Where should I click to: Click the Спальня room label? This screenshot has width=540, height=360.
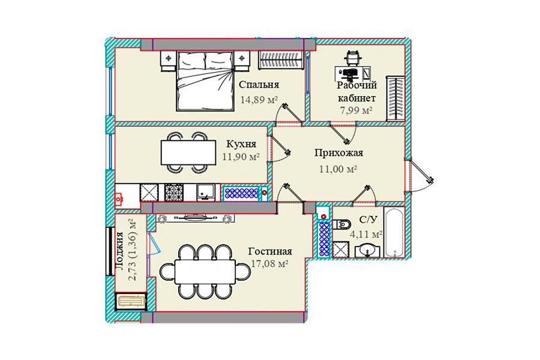point(259,85)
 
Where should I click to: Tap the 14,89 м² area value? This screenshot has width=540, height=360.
point(259,100)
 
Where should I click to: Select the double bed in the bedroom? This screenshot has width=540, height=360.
point(205,81)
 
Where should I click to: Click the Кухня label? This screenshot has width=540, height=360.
point(241,143)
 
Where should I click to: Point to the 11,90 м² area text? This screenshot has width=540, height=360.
point(241,157)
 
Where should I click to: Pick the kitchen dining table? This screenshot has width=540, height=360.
point(188,152)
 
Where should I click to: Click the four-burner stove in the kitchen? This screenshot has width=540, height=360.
point(173,193)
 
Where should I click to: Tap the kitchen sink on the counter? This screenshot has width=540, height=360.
point(206,192)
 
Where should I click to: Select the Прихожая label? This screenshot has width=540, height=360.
point(338,153)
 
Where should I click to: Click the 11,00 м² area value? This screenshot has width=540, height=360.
point(338,169)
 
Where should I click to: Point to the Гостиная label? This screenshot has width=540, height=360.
point(270,251)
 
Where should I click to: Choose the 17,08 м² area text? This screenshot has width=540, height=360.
point(269,264)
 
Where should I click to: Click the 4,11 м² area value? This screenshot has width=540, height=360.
point(366,235)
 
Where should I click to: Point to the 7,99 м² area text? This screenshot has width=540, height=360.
point(356,111)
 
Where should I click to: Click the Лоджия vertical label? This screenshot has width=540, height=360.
point(120,251)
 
